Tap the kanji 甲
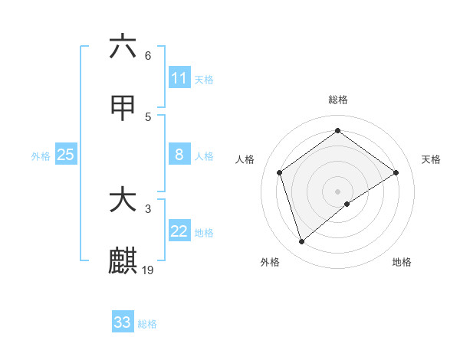pyautogui.click(x=123, y=110)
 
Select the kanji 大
pyautogui.click(x=123, y=200)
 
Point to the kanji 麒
pyautogui.click(x=123, y=260)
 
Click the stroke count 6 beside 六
pyautogui.click(x=147, y=56)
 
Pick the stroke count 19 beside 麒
pyautogui.click(x=148, y=270)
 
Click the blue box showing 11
pyautogui.click(x=179, y=78)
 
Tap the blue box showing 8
pyautogui.click(x=179, y=155)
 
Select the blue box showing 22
pyautogui.click(x=179, y=231)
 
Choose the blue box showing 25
pyautogui.click(x=65, y=155)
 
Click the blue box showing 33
pyautogui.click(x=123, y=322)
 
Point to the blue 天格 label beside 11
pyautogui.click(x=204, y=79)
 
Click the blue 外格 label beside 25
pyautogui.click(x=41, y=155)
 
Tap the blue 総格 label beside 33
pyautogui.click(x=147, y=323)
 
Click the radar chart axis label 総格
pyautogui.click(x=338, y=100)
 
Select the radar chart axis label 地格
pyautogui.click(x=402, y=262)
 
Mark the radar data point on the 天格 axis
pyautogui.click(x=396, y=172)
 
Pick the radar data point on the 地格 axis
pyautogui.click(x=347, y=204)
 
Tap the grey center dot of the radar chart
pyautogui.click(x=338, y=191)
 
